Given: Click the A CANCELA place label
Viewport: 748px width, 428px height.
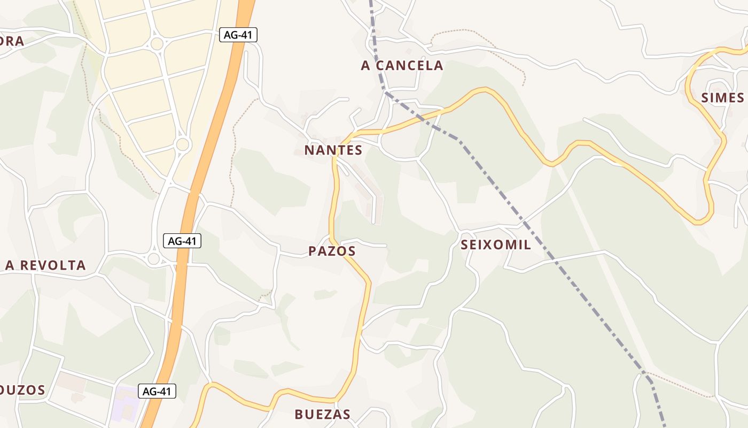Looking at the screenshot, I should (x=402, y=65).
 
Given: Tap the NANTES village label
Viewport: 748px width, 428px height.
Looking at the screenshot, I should (x=333, y=150).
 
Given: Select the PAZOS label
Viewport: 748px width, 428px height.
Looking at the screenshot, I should (x=332, y=251).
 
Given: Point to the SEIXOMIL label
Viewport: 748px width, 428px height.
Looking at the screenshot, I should (x=495, y=245).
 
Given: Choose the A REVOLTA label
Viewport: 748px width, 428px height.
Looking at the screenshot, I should (x=45, y=265).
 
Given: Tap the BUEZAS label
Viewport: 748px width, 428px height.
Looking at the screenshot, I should (x=323, y=414).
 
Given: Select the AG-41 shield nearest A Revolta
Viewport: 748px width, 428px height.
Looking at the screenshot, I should (x=182, y=241).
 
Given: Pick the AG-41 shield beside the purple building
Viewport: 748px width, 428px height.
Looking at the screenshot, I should (x=157, y=391).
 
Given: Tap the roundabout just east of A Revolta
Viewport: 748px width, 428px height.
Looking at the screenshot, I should (x=154, y=259).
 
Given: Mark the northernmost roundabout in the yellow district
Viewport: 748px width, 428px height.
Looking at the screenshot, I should (x=157, y=43).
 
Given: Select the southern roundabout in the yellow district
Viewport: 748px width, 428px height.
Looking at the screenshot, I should (x=183, y=144).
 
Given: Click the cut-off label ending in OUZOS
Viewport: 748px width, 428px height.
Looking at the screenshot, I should (x=22, y=390).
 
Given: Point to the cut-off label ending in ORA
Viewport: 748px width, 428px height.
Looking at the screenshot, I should (x=12, y=41).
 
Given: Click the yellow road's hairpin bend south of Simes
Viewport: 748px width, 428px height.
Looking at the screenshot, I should (x=703, y=219).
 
